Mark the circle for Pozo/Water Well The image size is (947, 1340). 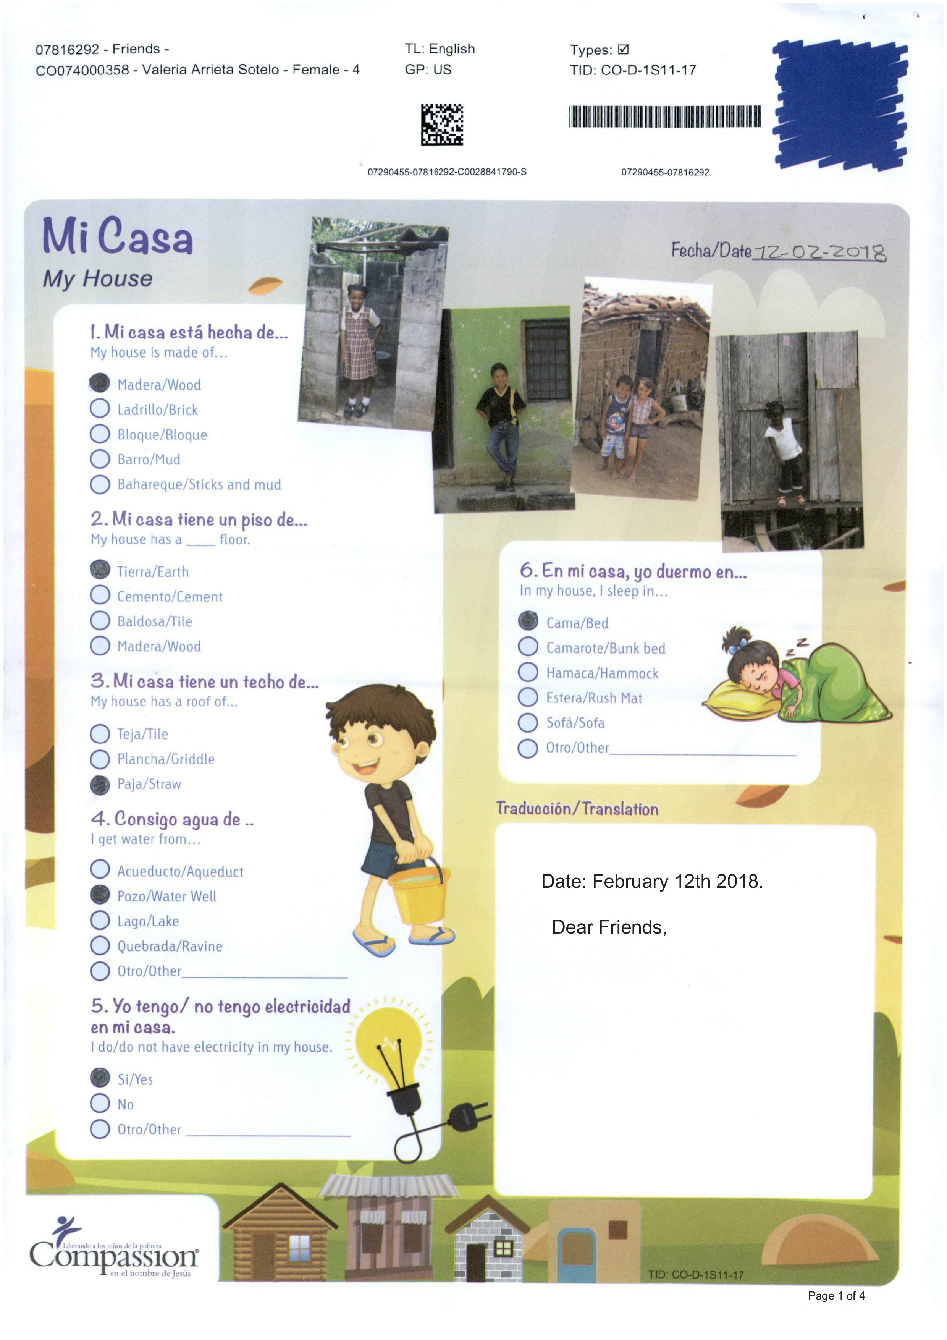point(100,895)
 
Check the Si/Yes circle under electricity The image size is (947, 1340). point(100,1077)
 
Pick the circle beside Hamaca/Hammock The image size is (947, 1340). point(528,672)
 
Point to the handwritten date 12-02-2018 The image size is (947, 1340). point(819,252)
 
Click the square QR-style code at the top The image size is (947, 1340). point(442,124)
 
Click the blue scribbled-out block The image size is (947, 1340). point(840,104)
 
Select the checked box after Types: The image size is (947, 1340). point(623,50)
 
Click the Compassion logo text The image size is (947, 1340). point(114,1255)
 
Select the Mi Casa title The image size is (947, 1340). point(117,236)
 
